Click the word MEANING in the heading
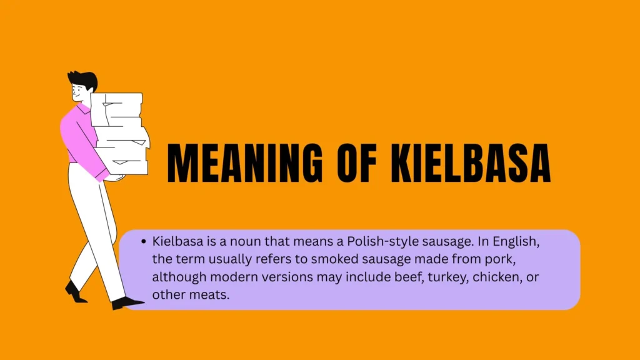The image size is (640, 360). tap(245, 163)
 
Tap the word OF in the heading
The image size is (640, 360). tap(357, 163)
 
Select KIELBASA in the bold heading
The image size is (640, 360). tap(471, 163)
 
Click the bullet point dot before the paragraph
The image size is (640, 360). tap(143, 242)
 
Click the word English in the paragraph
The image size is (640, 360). tap(516, 242)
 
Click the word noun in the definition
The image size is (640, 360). tap(245, 242)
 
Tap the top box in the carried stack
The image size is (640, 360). tap(117, 109)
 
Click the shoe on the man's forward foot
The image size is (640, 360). tap(127, 303)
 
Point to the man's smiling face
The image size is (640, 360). tap(79, 93)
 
